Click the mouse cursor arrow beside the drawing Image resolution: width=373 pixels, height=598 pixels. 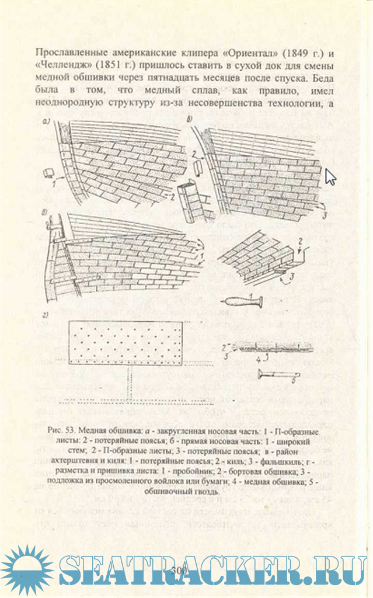coord(330,176)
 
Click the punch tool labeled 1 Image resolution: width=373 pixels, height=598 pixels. coord(242,302)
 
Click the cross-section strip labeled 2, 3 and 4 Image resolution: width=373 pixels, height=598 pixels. coord(269,348)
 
